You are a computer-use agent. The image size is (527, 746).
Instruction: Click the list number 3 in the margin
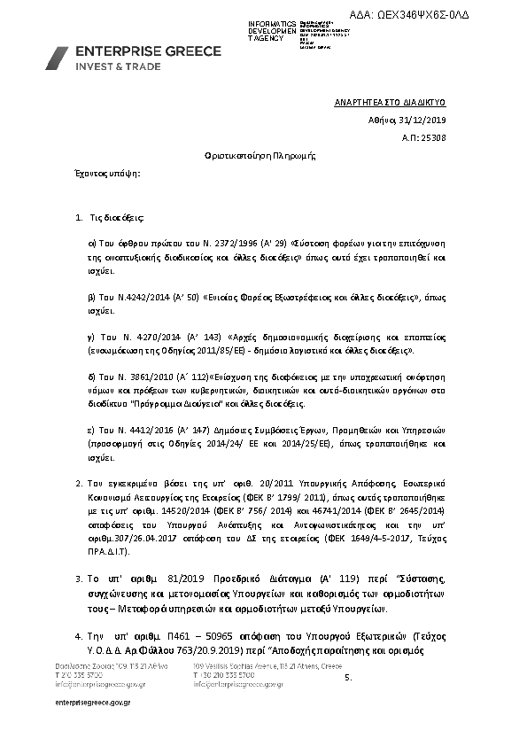click(x=78, y=579)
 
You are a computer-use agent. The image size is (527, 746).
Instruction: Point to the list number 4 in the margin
click(x=78, y=638)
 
